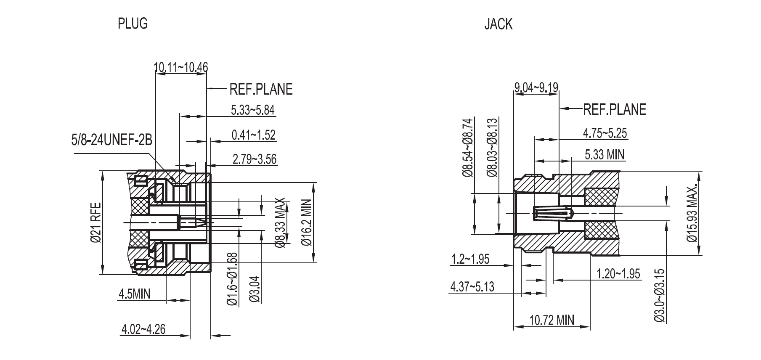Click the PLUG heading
pos(133,24)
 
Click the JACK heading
pos(498,24)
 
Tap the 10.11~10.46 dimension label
pos(181,67)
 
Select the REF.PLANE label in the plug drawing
pos(260,89)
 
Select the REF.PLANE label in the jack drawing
pos(614,109)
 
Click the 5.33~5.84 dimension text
pos(252,110)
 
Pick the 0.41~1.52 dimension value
pos(253,135)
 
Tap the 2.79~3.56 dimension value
pos(255,159)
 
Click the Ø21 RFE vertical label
pos(96,222)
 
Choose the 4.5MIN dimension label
pos(134,294)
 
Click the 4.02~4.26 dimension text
pos(143,329)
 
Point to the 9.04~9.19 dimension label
pos(536,87)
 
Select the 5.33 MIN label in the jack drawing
pos(605,154)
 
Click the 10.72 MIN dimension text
pos(551,320)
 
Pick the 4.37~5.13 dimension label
pos(472,286)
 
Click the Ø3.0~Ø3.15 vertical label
pos(660,296)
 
